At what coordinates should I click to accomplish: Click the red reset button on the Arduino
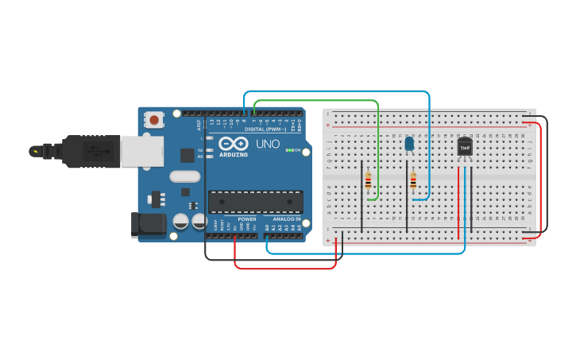(x=153, y=120)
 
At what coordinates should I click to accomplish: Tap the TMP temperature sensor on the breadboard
(x=465, y=147)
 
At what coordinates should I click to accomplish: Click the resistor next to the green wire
(x=367, y=181)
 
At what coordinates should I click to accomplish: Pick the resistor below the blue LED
(x=413, y=182)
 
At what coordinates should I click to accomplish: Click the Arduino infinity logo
(x=234, y=144)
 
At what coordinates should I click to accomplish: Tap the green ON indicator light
(x=291, y=150)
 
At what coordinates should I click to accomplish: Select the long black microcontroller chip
(x=255, y=202)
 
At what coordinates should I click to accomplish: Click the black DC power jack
(x=149, y=224)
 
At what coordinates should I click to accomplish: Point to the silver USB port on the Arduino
(x=143, y=151)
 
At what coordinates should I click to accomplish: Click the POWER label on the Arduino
(x=247, y=219)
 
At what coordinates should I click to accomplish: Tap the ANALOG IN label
(x=287, y=219)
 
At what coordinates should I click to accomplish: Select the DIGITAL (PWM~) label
(x=265, y=129)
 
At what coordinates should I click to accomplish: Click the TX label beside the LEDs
(x=200, y=149)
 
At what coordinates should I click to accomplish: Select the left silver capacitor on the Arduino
(x=180, y=222)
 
